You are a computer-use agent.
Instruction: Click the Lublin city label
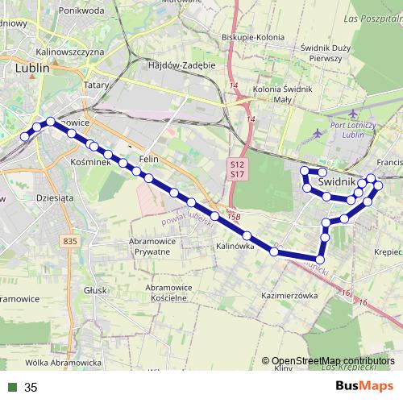tap(33, 69)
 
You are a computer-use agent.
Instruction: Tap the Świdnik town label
tap(337, 183)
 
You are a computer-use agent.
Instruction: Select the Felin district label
tap(147, 159)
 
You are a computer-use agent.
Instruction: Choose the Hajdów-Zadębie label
tap(182, 64)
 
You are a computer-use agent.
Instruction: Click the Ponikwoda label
tap(81, 11)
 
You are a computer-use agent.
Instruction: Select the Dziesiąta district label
tap(56, 196)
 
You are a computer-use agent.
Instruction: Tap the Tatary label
tap(96, 83)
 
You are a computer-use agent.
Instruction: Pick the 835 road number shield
tap(69, 241)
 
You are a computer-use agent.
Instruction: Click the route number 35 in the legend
tap(31, 388)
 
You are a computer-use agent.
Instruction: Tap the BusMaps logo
tap(364, 386)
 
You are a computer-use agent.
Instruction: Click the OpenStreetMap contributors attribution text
tap(333, 361)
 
